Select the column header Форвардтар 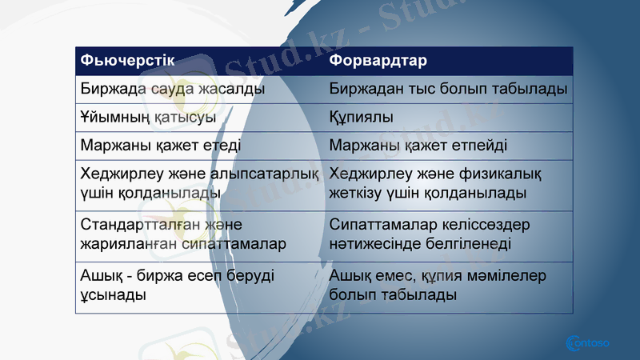378,61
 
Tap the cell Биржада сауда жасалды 173,88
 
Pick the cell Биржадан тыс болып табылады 449,88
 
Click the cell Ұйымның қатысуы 149,117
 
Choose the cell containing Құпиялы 362,117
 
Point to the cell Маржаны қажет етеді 161,146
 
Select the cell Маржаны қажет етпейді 418,146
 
